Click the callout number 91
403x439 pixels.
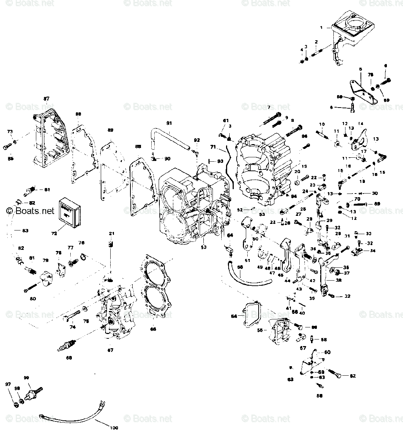click(169, 123)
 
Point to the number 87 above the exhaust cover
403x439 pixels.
click(47, 99)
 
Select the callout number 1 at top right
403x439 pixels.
click(321, 27)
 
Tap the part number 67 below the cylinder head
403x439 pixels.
click(110, 350)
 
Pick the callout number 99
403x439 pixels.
click(36, 378)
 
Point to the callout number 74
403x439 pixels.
click(73, 327)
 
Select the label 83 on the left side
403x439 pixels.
click(15, 230)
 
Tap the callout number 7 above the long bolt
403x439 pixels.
click(268, 107)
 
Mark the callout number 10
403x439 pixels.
click(322, 124)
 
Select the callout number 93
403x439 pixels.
click(220, 161)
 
